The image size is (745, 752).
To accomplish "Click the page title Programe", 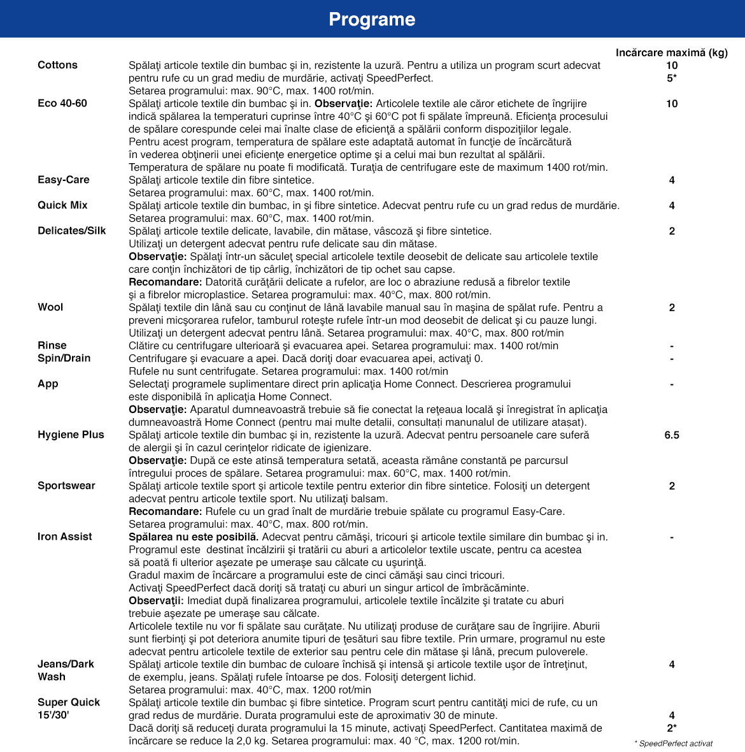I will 372,19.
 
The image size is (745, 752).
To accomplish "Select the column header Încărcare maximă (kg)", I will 671,53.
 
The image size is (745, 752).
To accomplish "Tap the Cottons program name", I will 57,65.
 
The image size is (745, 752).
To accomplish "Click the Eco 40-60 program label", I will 62,103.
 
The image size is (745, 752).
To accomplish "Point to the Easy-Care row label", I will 64,180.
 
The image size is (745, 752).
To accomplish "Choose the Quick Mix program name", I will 62,205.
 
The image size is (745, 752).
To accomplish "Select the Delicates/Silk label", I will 72,231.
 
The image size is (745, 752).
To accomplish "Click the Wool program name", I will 50,307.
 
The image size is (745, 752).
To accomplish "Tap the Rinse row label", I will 52,345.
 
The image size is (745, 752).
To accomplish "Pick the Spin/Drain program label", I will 64,358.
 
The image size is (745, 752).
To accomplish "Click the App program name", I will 48,384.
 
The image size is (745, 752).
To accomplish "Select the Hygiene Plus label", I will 71,435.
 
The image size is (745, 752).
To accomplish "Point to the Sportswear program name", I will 66,486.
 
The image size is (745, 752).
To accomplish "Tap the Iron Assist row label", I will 65,537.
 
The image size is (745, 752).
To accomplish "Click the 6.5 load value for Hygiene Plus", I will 672,435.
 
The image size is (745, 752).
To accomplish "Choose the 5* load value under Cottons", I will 672,78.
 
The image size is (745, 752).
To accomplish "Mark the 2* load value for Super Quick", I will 672,728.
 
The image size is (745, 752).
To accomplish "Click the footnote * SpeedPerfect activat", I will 674,744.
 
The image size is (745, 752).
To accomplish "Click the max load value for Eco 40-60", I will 672,104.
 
